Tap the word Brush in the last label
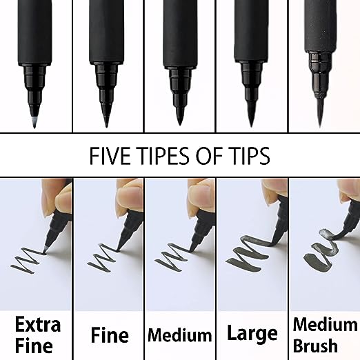(324, 345)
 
